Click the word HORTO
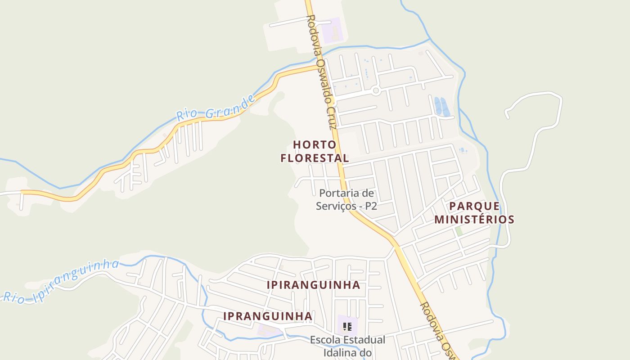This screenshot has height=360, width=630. click(315, 145)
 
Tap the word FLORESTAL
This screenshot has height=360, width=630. click(315, 158)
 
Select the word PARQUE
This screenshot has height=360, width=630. click(474, 206)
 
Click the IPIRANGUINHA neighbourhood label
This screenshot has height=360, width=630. click(313, 285)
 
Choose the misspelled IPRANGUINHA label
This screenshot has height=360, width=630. click(268, 316)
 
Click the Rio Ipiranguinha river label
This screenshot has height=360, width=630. click(61, 282)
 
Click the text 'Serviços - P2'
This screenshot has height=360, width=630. click(346, 206)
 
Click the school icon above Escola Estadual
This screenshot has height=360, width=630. click(347, 326)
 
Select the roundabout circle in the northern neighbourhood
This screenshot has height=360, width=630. click(376, 91)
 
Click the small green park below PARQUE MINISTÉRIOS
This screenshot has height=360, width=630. click(459, 231)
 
